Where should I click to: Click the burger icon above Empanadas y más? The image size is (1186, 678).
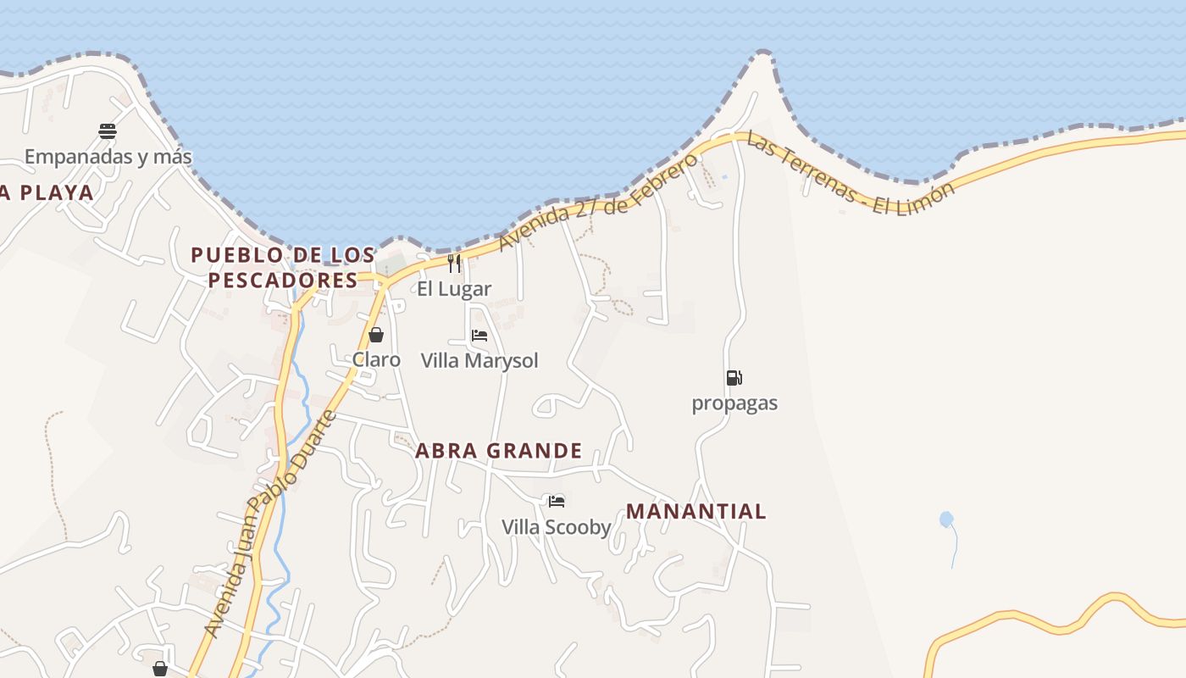(x=108, y=131)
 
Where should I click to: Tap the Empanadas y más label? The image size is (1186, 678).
(x=108, y=157)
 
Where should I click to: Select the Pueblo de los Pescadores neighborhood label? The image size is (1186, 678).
(x=283, y=267)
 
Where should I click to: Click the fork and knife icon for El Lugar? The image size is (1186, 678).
(x=454, y=264)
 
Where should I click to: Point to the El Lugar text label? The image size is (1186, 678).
(x=454, y=289)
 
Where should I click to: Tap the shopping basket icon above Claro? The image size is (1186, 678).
(x=376, y=335)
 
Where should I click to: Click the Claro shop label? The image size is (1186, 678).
(x=376, y=359)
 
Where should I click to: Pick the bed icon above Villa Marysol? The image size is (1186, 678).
(x=479, y=336)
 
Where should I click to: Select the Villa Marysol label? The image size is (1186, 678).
(x=479, y=361)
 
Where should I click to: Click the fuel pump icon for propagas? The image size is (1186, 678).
(x=734, y=378)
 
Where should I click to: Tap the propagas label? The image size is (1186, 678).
(x=734, y=403)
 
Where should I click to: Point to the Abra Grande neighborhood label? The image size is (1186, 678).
(x=499, y=451)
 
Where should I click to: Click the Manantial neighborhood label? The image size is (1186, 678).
(x=696, y=512)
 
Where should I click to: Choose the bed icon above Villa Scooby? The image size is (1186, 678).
(x=557, y=502)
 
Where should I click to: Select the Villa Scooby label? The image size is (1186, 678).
(x=557, y=527)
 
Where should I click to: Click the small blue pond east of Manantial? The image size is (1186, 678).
(x=946, y=520)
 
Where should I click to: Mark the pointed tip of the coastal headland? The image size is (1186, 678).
(x=762, y=53)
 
